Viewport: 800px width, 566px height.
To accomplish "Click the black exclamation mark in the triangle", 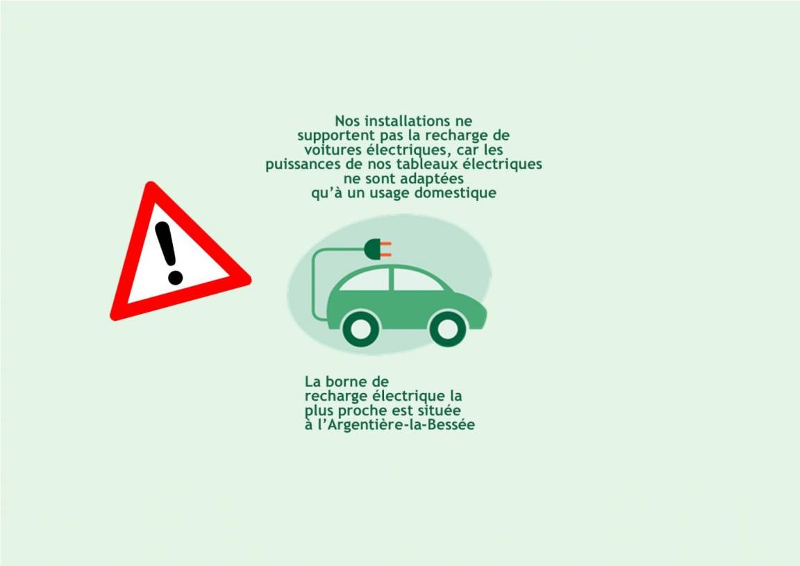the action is click(x=168, y=253).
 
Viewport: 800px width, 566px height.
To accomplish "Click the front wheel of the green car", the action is click(x=448, y=328).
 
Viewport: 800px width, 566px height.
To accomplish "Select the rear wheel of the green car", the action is click(x=360, y=328).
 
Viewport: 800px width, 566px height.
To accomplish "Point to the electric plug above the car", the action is click(x=378, y=249).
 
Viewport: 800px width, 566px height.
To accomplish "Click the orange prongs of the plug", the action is click(x=386, y=249).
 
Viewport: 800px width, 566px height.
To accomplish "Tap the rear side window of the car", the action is click(x=365, y=280).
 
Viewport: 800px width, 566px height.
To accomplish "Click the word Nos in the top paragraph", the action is click(x=347, y=121).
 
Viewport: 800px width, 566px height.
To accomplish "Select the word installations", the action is click(x=407, y=121).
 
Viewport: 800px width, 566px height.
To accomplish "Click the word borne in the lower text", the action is click(x=344, y=381).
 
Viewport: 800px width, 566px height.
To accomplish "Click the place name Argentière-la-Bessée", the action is click(x=401, y=424).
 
